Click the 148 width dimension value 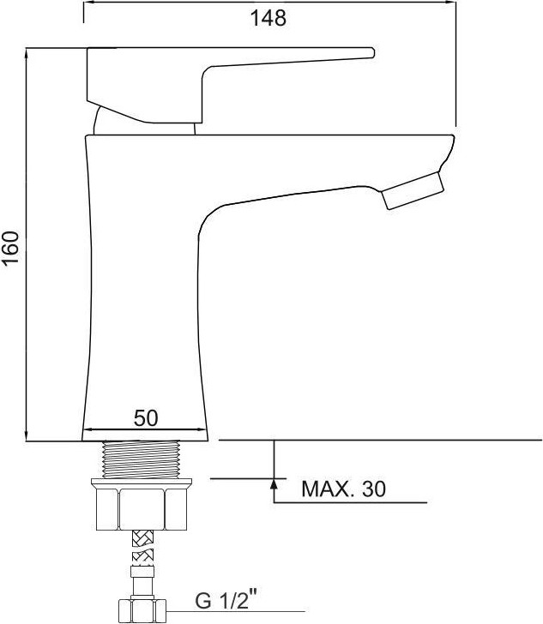[x=268, y=18]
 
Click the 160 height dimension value [x=11, y=247]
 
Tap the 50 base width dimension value [x=146, y=418]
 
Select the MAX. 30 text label [x=343, y=489]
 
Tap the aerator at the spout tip [x=413, y=190]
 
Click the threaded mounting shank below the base [x=142, y=459]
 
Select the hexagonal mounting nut [x=142, y=509]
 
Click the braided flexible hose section [x=142, y=547]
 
